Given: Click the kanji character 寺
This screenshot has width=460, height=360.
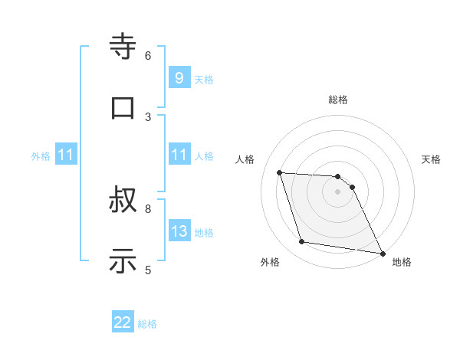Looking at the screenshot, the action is click(123, 47).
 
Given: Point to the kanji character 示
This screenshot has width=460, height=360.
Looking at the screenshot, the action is click(123, 261).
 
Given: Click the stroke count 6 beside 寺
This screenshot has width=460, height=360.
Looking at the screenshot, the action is click(148, 55).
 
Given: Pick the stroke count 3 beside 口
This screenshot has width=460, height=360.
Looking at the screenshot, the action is click(148, 116).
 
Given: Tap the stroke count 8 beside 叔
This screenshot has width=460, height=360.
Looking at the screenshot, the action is click(148, 208).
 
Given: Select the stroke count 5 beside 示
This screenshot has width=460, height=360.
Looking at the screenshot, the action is click(148, 269).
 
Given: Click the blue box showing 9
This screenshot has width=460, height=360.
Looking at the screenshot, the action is click(179, 77).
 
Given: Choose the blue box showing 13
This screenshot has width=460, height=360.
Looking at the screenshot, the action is click(179, 231).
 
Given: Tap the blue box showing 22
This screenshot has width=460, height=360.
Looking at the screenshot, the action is click(123, 322).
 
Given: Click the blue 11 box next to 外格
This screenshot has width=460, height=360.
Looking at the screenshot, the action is click(66, 155).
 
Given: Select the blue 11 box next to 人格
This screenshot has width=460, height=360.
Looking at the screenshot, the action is click(179, 155).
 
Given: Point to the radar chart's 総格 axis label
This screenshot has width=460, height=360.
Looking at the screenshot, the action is click(338, 100).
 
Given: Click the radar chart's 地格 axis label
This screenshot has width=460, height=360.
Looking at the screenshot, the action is click(402, 262).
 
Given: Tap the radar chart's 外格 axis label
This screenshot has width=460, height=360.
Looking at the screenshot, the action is click(270, 262).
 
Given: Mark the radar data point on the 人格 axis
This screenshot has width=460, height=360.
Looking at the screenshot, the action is click(280, 172).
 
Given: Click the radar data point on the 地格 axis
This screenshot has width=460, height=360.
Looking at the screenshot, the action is click(382, 253).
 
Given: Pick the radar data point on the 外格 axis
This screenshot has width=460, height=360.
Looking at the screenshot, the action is click(302, 242).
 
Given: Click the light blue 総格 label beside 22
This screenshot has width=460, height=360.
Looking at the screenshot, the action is click(147, 324).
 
